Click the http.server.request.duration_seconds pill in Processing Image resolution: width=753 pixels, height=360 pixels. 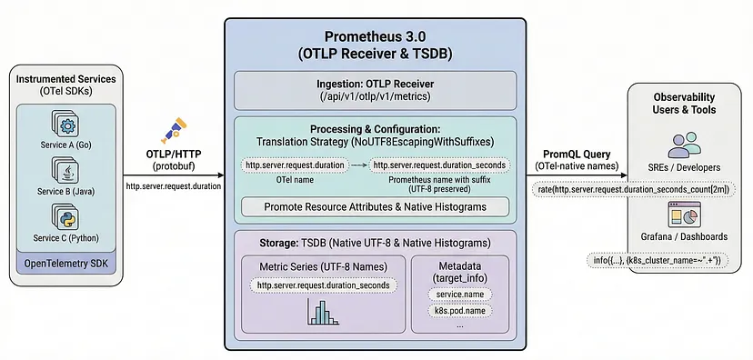[x=440, y=165]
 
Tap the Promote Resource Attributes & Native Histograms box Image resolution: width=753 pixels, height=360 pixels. [x=375, y=206]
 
